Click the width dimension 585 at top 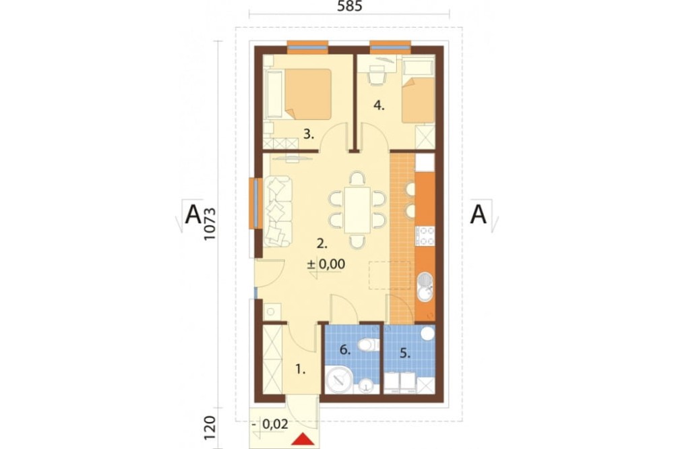348,7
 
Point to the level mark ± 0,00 326,265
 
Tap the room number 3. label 309,133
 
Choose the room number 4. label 379,105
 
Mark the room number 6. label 344,349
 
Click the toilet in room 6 367,345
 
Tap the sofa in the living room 277,211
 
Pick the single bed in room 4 419,98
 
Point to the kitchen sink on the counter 425,286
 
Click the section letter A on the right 478,214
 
